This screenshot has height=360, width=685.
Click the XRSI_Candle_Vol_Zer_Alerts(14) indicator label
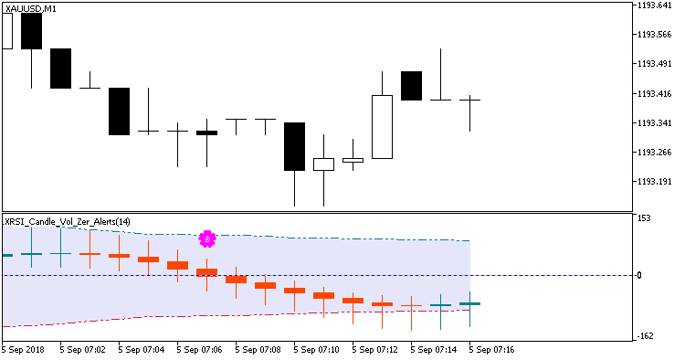pyautogui.click(x=67, y=221)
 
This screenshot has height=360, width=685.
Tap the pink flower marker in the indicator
pyautogui.click(x=207, y=238)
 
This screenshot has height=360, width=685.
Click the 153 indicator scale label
pyautogui.click(x=644, y=218)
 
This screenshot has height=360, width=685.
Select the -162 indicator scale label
pyautogui.click(x=646, y=336)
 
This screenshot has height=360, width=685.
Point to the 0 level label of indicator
pyautogui.click(x=639, y=275)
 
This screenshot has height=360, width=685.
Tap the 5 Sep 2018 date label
pyautogui.click(x=23, y=350)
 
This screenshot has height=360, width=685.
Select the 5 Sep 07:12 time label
pyautogui.click(x=376, y=350)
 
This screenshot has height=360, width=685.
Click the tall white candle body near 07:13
pyautogui.click(x=382, y=126)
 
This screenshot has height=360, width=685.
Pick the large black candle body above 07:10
pyautogui.click(x=294, y=146)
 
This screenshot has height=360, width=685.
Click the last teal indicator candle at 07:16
pyautogui.click(x=469, y=303)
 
